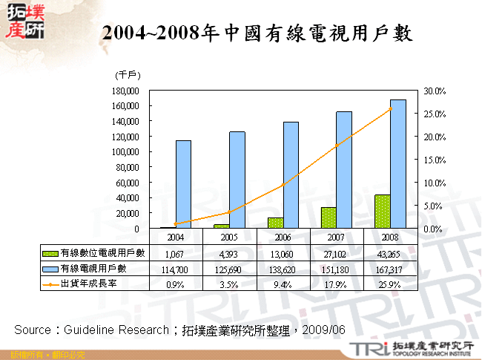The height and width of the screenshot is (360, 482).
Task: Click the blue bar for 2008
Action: tap(397, 164)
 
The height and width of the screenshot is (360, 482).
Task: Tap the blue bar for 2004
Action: tap(183, 184)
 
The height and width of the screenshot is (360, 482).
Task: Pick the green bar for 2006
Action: tap(275, 223)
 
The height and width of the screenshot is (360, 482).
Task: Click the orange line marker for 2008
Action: tap(390, 109)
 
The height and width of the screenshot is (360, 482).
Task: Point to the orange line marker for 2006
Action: tap(283, 186)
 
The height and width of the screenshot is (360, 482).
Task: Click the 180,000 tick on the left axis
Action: tap(129, 91)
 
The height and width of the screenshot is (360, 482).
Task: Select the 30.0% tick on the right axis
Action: tap(435, 91)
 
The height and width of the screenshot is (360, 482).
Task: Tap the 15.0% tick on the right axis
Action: tap(435, 160)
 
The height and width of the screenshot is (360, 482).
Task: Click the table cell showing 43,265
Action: tap(390, 254)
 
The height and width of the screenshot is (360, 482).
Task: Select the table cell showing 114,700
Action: tap(176, 269)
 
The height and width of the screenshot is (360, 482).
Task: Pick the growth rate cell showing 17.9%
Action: tap(336, 283)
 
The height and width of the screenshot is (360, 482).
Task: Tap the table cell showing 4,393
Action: tap(229, 254)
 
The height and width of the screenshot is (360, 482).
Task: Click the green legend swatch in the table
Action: tap(50, 254)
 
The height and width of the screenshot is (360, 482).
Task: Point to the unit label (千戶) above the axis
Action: tap(128, 75)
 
